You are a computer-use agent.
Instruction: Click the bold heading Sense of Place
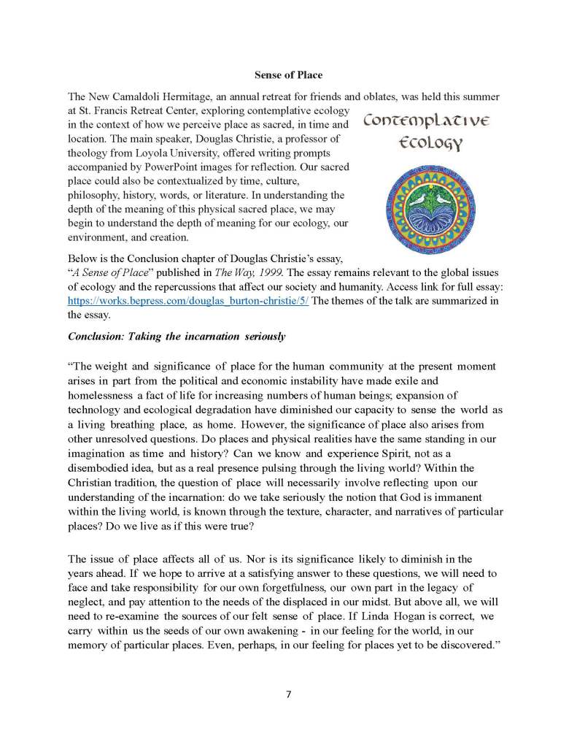coord(288,75)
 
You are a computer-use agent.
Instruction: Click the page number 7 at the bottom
coord(289,694)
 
